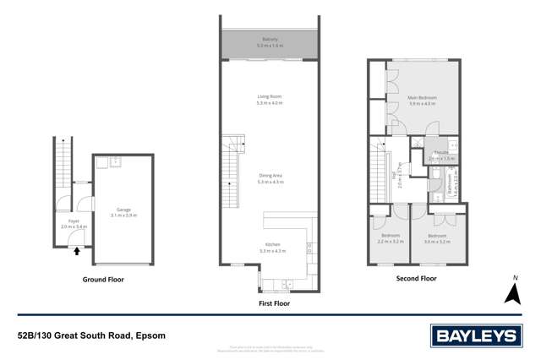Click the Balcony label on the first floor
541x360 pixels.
(270, 38)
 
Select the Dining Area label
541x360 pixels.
(270, 176)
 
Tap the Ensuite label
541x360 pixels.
(442, 153)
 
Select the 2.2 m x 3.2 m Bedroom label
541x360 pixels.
(390, 237)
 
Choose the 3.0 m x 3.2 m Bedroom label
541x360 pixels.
(437, 237)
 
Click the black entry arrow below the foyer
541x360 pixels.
(77, 250)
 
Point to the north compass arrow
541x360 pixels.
(511, 292)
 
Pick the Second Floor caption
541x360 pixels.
(416, 277)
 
